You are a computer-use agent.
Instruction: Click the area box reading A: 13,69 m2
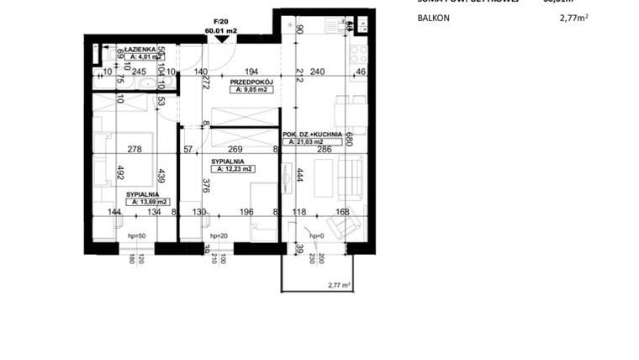(x=148, y=202)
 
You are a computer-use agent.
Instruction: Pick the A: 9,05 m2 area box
(x=251, y=89)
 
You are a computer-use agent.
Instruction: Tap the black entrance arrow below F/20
(x=220, y=40)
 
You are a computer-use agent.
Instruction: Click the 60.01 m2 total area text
(x=221, y=30)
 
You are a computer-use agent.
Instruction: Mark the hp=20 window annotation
(x=219, y=236)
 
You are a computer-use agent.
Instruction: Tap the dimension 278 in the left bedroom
(x=132, y=150)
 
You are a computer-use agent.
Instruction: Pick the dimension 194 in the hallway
(x=250, y=72)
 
